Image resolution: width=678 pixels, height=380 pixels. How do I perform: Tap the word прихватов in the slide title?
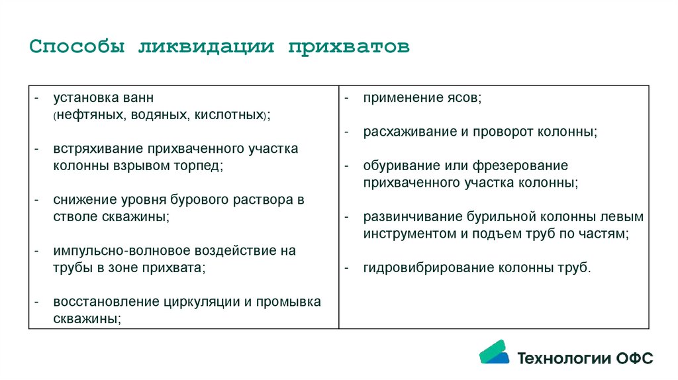pos(349,48)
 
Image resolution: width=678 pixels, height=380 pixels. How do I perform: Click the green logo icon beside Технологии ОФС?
pos(494,352)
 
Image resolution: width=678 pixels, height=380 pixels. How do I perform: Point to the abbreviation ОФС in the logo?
pos(634,359)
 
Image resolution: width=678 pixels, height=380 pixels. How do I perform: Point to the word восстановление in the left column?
pos(106,302)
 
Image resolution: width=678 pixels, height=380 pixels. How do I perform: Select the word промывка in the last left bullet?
pos(288,302)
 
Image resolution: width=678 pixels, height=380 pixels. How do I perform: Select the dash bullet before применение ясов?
pos(346,98)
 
